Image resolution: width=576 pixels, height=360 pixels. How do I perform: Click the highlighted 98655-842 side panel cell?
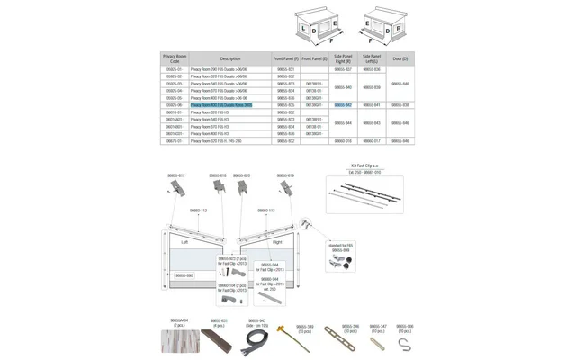[343, 105]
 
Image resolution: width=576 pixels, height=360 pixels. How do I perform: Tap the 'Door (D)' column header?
[400, 58]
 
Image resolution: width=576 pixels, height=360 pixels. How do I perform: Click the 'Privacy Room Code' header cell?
[175, 58]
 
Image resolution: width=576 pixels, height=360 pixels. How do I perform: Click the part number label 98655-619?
[284, 175]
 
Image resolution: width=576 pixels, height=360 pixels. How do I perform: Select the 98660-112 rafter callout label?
[198, 211]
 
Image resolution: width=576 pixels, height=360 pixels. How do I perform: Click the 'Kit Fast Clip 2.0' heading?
[365, 166]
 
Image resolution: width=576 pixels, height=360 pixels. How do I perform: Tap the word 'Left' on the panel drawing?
[184, 241]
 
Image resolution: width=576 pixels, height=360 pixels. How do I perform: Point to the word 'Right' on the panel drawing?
[277, 241]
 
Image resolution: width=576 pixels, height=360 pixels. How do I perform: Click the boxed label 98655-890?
[183, 275]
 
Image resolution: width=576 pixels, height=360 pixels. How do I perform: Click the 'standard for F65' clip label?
[341, 246]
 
